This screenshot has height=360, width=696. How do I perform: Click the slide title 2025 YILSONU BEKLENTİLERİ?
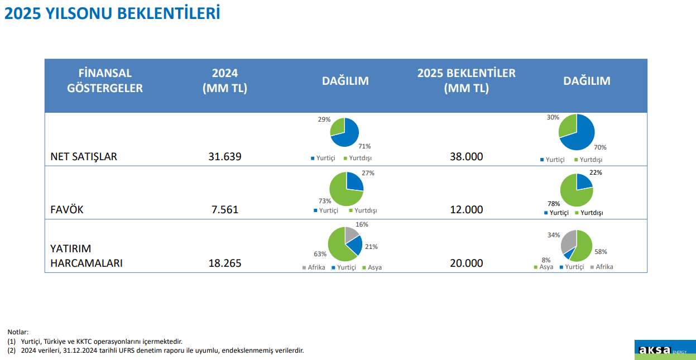tap(112, 13)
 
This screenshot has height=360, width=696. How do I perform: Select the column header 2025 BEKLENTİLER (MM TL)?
tap(466, 80)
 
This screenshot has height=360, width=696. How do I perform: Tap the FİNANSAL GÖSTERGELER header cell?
tap(105, 80)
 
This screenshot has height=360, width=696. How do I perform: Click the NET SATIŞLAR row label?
tap(84, 156)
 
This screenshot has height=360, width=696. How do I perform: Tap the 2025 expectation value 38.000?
tap(466, 157)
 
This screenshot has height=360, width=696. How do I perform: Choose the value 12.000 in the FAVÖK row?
tap(466, 210)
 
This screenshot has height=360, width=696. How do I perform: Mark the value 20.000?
tap(466, 263)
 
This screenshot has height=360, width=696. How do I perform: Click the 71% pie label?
tap(364, 146)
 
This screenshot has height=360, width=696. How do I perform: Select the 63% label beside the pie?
tap(320, 254)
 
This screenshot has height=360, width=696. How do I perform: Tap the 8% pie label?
tap(546, 260)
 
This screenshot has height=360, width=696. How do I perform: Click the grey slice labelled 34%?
tap(569, 240)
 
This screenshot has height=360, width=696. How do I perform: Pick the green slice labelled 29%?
tap(338, 127)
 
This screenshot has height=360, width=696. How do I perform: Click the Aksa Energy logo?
tap(664, 350)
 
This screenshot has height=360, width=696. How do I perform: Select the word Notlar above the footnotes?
tap(18, 332)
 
